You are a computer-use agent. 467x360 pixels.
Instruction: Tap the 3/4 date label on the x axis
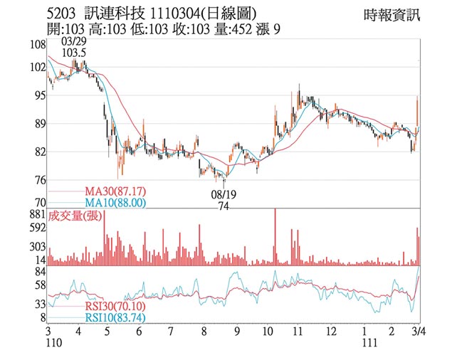(419, 332)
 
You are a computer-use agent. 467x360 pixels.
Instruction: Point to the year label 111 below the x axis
(367, 344)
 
